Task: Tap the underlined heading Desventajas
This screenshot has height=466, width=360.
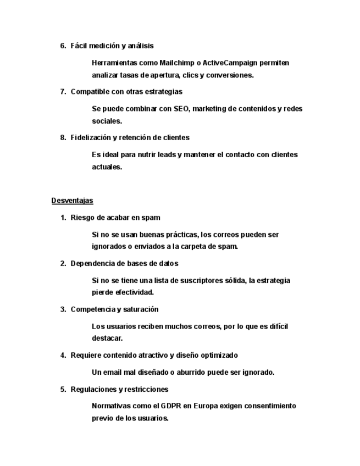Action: (x=73, y=201)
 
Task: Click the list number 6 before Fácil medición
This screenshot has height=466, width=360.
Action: (x=63, y=46)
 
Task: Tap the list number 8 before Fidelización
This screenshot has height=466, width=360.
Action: (x=63, y=137)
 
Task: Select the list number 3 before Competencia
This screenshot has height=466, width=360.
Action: (x=63, y=309)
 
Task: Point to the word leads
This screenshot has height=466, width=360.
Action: (x=165, y=154)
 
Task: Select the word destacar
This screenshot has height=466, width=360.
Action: (x=107, y=339)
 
